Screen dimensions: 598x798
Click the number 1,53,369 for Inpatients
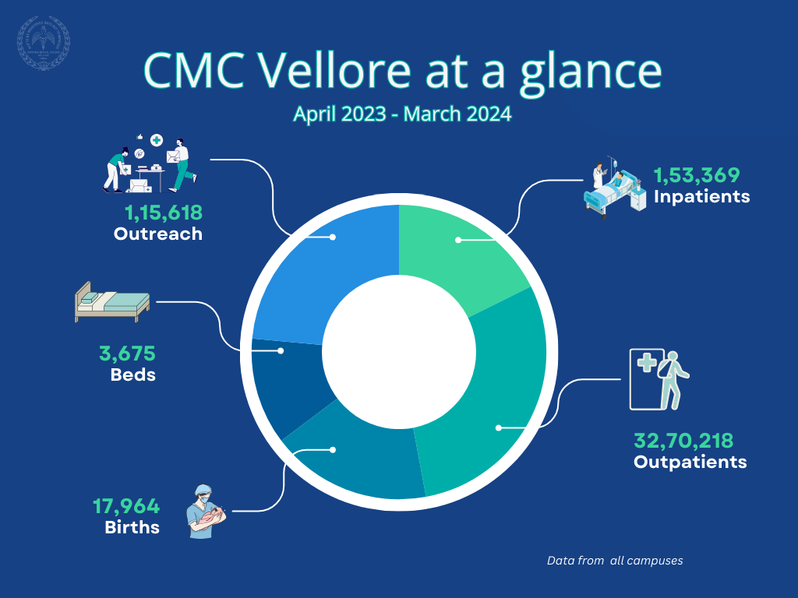coord(696,175)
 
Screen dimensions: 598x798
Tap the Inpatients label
coord(701,196)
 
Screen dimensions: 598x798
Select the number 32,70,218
coord(683,441)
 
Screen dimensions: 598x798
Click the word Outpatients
coord(690,462)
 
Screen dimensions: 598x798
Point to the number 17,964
coord(126,507)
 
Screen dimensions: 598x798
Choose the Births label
coord(132,527)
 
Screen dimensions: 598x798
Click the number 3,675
coord(127,354)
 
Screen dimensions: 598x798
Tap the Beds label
coord(133,375)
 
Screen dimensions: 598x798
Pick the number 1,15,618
coord(164,212)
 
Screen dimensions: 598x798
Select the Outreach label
coord(158,234)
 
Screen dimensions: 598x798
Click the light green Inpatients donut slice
coord(460,249)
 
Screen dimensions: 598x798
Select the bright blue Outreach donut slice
coord(320,265)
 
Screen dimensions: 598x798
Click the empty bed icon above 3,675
coord(111,301)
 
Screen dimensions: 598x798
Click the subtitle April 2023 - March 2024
coord(402,114)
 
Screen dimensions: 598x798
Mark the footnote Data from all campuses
coord(615,561)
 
